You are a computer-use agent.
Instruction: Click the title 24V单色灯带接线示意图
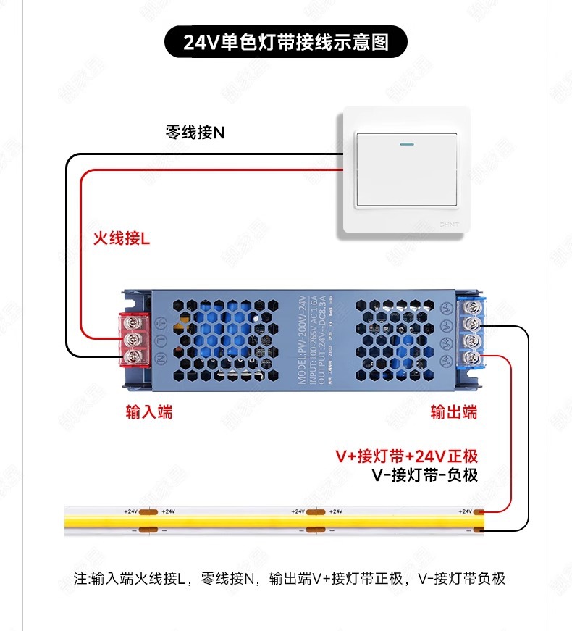(x=286, y=43)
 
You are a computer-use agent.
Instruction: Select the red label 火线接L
(x=121, y=238)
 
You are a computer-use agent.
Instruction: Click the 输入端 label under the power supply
(x=149, y=412)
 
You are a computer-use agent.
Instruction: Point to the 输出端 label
(x=454, y=412)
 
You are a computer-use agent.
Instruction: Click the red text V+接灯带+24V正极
(x=406, y=456)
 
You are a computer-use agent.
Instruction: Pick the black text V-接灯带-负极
(x=424, y=475)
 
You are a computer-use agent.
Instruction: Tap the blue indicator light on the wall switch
(x=405, y=142)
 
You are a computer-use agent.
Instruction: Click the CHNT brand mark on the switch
(x=450, y=225)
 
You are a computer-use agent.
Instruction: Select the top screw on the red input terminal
(x=133, y=322)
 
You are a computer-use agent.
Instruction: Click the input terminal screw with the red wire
(x=133, y=339)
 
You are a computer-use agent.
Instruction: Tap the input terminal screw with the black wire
(x=133, y=356)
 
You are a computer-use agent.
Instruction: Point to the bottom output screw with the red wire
(x=472, y=358)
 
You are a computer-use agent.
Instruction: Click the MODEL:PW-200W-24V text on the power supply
(x=304, y=340)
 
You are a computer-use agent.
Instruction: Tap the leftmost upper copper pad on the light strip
(x=148, y=512)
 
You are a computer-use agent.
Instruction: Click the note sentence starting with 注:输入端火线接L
(x=290, y=578)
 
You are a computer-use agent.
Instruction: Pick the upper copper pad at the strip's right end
(x=480, y=512)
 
